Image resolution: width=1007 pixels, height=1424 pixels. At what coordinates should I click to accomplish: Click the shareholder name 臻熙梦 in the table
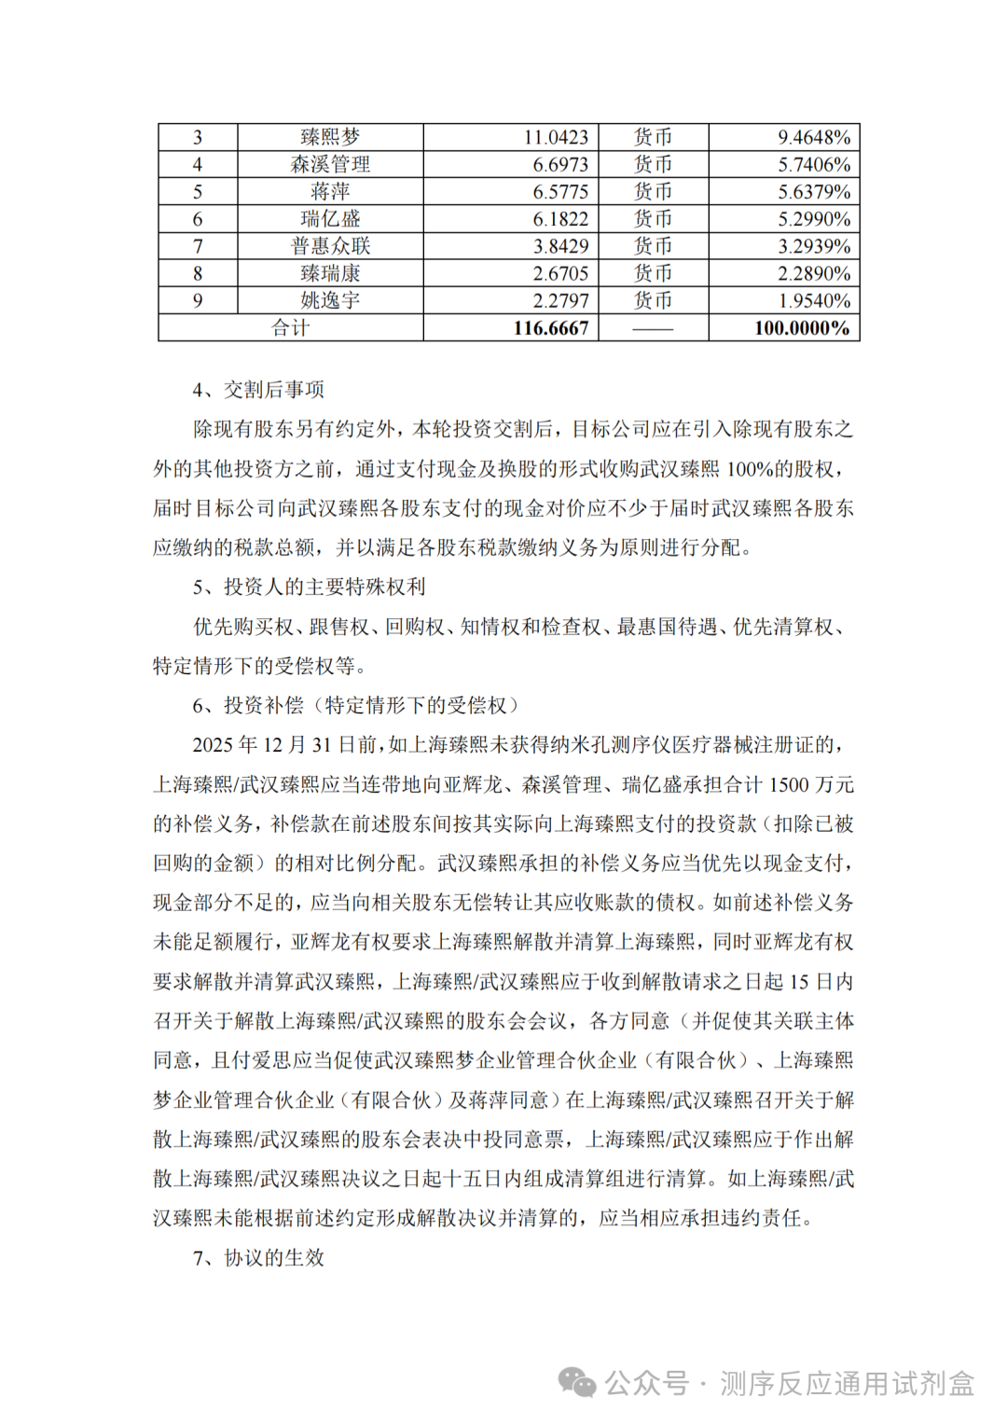pos(330,137)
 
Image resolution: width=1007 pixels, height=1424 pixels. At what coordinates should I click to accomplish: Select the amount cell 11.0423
pos(556,137)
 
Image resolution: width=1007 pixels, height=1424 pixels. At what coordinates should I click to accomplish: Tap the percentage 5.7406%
pos(814,164)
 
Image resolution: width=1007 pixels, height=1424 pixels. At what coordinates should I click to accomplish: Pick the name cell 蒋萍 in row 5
pos(330,191)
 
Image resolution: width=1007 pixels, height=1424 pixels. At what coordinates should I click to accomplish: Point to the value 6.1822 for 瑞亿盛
pos(560,219)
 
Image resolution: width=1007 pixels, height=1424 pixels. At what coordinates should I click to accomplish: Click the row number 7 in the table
pos(198,246)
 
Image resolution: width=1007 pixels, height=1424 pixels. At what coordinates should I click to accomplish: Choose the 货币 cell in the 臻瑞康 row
pos(653,273)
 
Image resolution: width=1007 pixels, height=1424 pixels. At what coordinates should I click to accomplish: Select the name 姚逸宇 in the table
pos(330,300)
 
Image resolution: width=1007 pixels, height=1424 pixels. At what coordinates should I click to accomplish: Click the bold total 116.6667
pos(551,328)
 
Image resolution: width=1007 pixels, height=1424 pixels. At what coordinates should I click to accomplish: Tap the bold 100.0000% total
pos(802,328)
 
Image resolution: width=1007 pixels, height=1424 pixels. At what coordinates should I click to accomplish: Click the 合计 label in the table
pos(290,328)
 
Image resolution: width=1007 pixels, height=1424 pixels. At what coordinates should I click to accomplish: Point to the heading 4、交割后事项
pos(258,390)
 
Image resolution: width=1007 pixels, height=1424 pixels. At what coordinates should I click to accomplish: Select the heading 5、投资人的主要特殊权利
pos(309,587)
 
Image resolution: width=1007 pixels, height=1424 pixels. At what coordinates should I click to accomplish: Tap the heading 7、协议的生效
pos(258,1258)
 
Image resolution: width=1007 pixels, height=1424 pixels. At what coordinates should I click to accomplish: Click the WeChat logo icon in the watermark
pos(577,1384)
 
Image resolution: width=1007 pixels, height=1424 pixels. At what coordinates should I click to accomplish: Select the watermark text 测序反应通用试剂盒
pos(847,1384)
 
